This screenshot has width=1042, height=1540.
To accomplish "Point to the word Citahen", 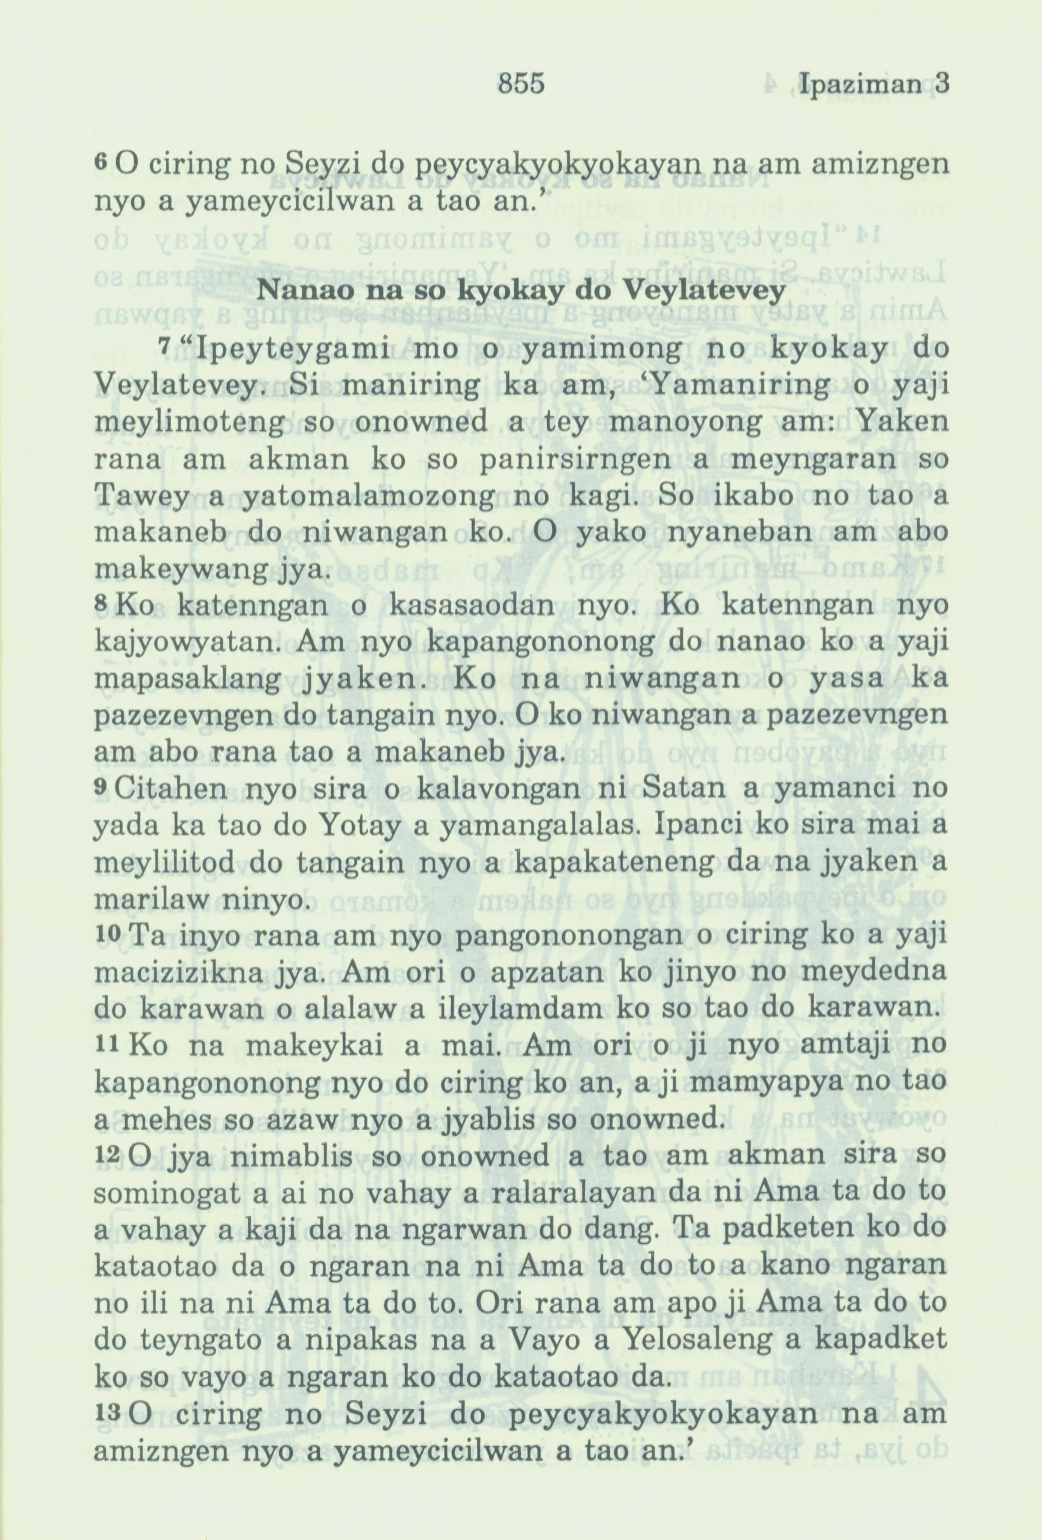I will click(176, 791).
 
